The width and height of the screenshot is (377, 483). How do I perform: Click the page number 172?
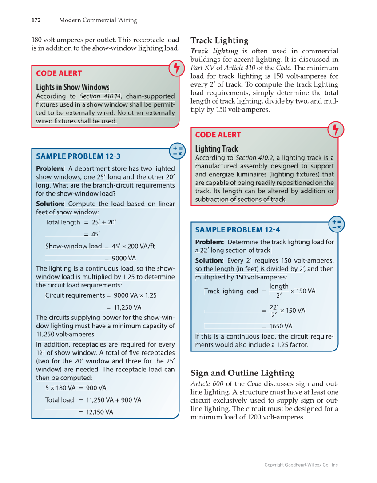coord(36,20)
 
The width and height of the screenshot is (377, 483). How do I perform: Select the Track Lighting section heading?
coord(219,40)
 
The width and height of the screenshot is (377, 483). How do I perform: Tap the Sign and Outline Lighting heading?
coord(242,373)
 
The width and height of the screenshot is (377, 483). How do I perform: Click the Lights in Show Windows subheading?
coord(72,87)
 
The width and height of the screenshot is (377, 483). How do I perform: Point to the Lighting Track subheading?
coord(216,148)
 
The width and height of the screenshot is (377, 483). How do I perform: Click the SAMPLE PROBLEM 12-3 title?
coord(78,156)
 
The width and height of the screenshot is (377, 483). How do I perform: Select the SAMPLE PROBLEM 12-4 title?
coord(238,229)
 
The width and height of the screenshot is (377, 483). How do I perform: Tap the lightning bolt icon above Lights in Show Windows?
coord(177,68)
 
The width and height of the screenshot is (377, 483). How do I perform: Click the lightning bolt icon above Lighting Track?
coord(336,129)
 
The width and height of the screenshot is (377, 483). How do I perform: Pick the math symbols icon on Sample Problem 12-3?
coord(177,151)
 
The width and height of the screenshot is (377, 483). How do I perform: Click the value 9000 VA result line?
coord(123,258)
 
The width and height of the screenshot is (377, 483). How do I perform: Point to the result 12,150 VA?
coord(99,412)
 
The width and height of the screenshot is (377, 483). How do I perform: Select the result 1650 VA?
coord(280,326)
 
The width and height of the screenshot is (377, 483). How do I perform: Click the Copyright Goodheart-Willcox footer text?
coord(301,465)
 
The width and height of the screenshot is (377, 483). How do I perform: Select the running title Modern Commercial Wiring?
coord(98,20)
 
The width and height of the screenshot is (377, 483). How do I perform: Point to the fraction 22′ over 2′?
coord(274,311)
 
